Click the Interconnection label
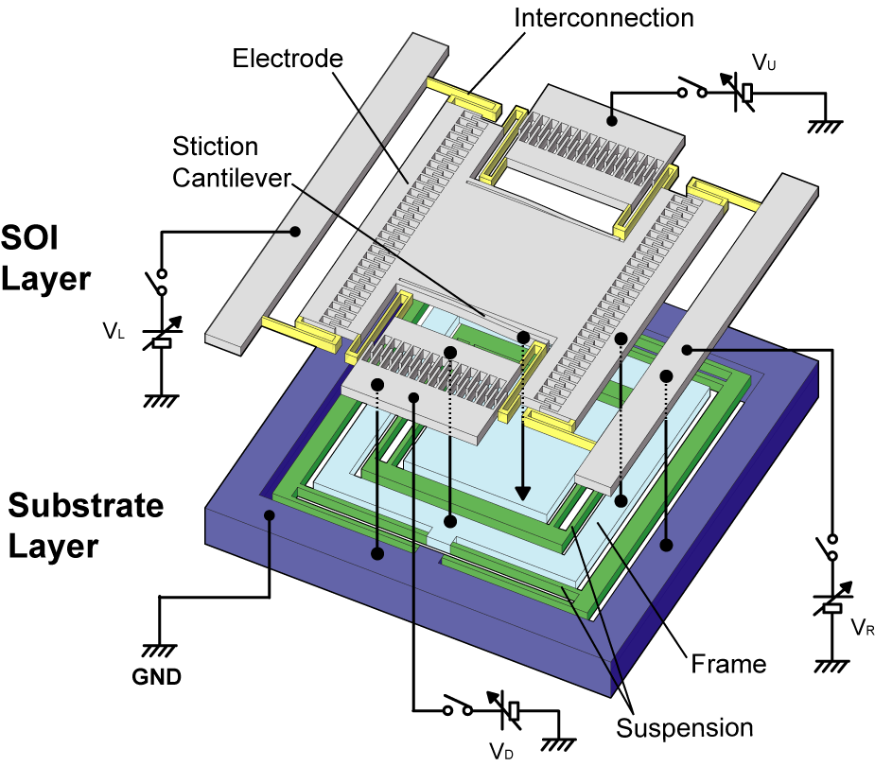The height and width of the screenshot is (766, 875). pos(604,18)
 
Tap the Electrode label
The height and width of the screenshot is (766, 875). pos(288,59)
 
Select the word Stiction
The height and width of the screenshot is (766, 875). pos(216,147)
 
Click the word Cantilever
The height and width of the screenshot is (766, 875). pos(232,178)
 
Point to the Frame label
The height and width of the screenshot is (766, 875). pos(728,664)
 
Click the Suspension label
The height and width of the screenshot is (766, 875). pos(685,728)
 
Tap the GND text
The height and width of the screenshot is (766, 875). pos(157,677)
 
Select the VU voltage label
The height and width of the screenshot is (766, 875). pos(763,61)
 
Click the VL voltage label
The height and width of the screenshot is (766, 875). pos(114,331)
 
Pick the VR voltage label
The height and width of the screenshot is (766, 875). pos(863,627)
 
